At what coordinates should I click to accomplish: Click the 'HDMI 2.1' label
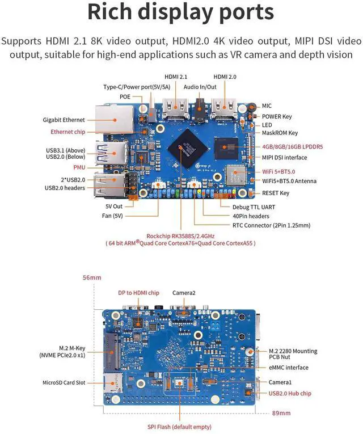pyautogui.click(x=176, y=77)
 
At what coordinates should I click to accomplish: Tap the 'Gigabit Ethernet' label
pyautogui.click(x=64, y=120)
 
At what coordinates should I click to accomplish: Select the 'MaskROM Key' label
pyautogui.click(x=280, y=133)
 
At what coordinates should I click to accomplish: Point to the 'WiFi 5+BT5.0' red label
pyautogui.click(x=278, y=171)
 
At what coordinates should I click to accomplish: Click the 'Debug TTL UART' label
pyautogui.click(x=254, y=207)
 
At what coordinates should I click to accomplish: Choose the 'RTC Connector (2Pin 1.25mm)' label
pyautogui.click(x=271, y=225)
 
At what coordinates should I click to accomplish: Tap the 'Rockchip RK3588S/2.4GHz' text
pyautogui.click(x=180, y=236)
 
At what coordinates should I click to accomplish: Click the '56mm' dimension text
pyautogui.click(x=92, y=277)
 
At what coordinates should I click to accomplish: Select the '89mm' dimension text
pyautogui.click(x=281, y=413)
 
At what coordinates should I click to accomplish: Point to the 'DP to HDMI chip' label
pyautogui.click(x=138, y=293)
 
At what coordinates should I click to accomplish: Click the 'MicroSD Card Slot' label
pyautogui.click(x=64, y=382)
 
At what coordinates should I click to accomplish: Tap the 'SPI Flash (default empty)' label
pyautogui.click(x=179, y=427)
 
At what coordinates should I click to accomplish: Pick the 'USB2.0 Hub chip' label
pyautogui.click(x=290, y=393)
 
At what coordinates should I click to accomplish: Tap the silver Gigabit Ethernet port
pyautogui.click(x=114, y=119)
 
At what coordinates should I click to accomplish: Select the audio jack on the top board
pyautogui.click(x=200, y=109)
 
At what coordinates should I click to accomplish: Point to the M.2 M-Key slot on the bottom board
pyautogui.click(x=112, y=351)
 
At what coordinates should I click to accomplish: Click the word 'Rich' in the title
pyautogui.click(x=109, y=11)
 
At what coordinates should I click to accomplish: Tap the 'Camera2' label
pyautogui.click(x=184, y=293)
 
